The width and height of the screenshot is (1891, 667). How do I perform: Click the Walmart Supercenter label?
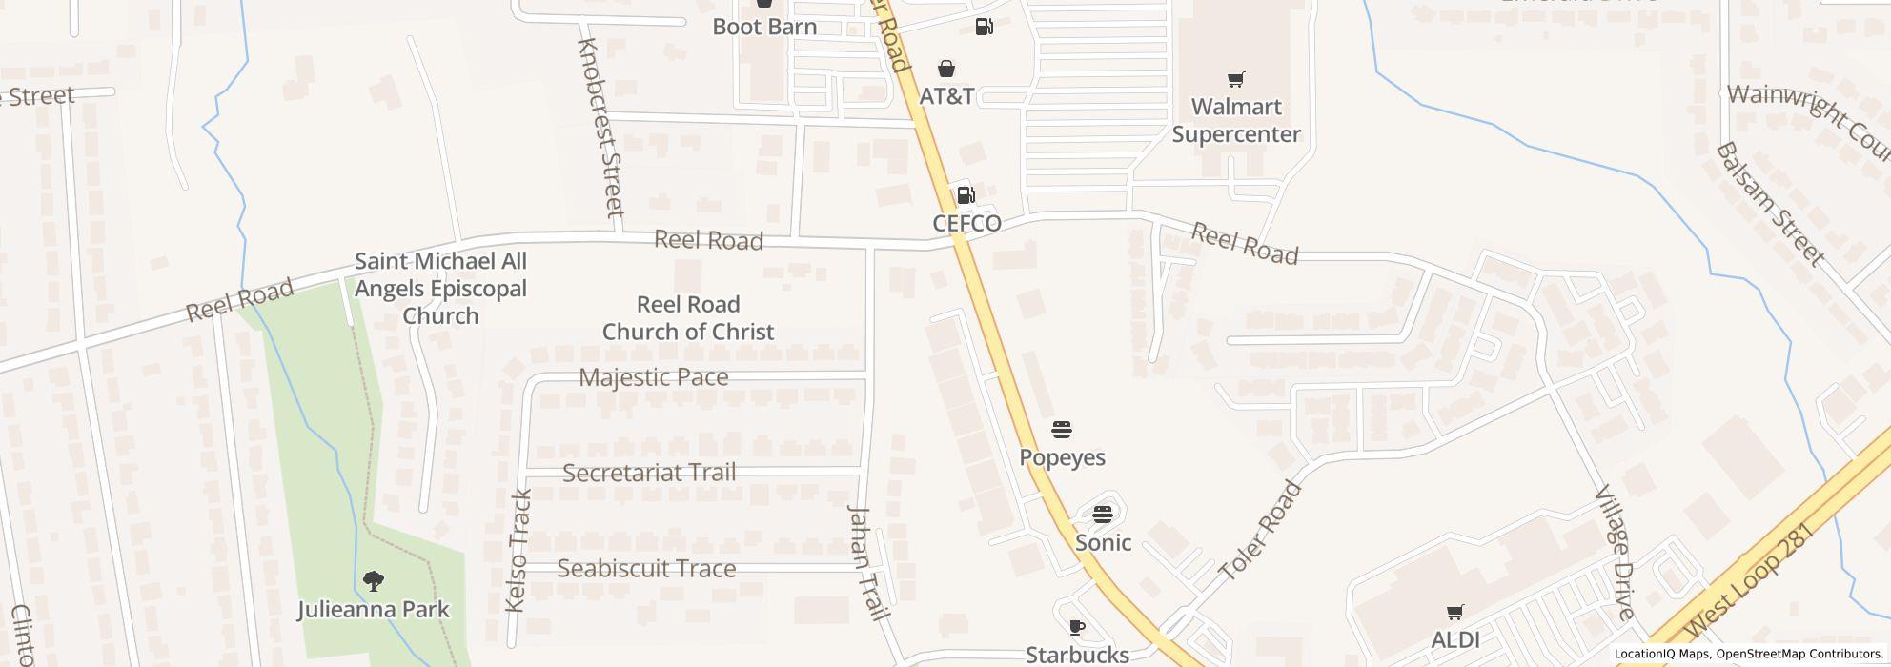[x=1235, y=121]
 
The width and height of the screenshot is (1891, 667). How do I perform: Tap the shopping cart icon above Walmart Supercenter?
[x=1235, y=79]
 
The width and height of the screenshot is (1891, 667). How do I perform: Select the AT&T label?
[x=946, y=96]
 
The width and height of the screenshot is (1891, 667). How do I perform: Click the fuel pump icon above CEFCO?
[x=966, y=195]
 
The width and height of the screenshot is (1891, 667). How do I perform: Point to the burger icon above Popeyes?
[x=1062, y=429]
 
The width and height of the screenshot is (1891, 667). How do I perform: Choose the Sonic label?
[x=1103, y=542]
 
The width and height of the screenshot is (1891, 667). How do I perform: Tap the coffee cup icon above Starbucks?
[x=1076, y=626]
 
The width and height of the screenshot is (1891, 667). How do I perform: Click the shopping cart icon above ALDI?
[x=1454, y=612]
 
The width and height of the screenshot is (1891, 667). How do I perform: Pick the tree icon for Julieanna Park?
[x=373, y=580]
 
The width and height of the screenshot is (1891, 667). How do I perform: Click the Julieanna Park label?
[x=373, y=609]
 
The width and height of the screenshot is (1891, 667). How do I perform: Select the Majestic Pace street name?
[x=654, y=377]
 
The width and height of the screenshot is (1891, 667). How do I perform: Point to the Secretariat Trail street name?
[x=649, y=473]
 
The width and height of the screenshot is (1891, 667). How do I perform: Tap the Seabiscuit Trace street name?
[x=646, y=569]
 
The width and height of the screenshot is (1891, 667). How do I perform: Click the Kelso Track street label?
[x=518, y=551]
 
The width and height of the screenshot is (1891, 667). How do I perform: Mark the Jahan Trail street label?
[x=867, y=562]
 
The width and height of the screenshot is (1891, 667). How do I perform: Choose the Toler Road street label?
[x=1260, y=532]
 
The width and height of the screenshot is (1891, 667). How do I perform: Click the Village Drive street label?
[x=1616, y=553]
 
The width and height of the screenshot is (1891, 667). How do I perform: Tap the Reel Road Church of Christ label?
[x=688, y=318]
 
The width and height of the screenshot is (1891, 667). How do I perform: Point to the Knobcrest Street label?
[x=600, y=127]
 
